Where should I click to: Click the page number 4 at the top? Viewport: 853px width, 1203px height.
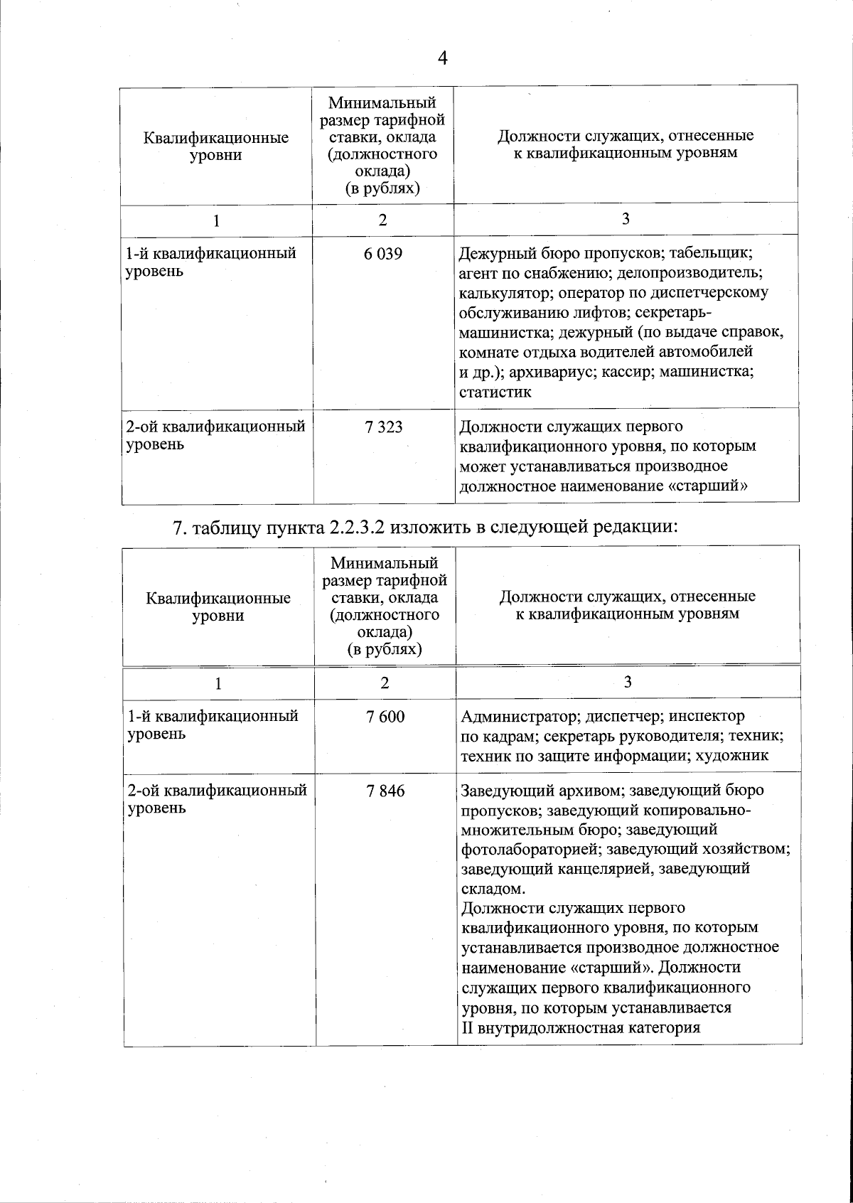pyautogui.click(x=442, y=58)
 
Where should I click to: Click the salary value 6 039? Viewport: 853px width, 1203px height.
pyautogui.click(x=383, y=253)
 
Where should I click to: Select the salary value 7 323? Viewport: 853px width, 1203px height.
pyautogui.click(x=383, y=427)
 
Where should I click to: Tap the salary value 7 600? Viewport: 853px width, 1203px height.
pyautogui.click(x=385, y=716)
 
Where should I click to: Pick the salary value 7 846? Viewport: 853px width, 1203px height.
pyautogui.click(x=385, y=790)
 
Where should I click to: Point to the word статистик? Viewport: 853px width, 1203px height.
pyautogui.click(x=495, y=392)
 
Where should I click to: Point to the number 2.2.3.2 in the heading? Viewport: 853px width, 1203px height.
pyautogui.click(x=363, y=528)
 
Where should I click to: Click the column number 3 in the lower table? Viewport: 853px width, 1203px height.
pyautogui.click(x=628, y=683)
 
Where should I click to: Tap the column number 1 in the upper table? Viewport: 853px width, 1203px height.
pyautogui.click(x=216, y=220)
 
